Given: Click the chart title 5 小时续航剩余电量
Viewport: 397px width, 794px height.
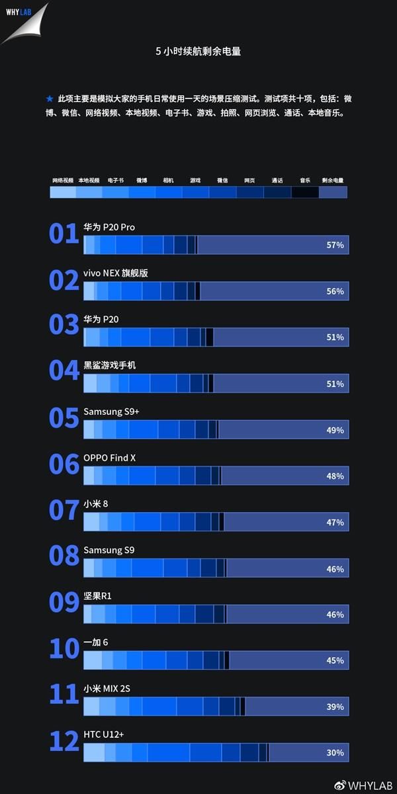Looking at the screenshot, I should coord(198,51).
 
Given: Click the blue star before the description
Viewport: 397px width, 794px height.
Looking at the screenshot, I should coord(50,99).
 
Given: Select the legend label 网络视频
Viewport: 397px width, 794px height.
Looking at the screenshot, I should coord(63,180).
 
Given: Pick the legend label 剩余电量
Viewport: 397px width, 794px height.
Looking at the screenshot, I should coord(332,180).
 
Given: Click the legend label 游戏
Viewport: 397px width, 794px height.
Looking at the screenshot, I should coord(195,180).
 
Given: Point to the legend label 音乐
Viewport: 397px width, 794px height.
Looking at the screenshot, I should coord(304,180).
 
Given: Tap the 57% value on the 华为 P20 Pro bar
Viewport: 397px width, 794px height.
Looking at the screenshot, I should coord(335,245).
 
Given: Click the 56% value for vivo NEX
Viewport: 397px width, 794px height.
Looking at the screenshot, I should coord(335,291).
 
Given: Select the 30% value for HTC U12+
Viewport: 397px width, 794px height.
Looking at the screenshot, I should coord(335,752).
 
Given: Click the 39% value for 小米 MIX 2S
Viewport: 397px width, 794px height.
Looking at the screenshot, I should coord(335,707).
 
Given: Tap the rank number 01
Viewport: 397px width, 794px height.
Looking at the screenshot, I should coord(64,234).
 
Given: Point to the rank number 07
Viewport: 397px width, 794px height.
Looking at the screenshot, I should coord(64,511).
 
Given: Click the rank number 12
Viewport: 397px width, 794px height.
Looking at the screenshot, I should coord(64,742).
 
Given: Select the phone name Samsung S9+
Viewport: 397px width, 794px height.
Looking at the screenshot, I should coord(111,412).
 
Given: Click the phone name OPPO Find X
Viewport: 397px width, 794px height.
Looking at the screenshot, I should coord(109,458).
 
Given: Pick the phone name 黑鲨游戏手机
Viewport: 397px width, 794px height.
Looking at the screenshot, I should coord(109,365).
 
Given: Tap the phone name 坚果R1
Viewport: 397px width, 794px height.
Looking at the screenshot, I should coord(97,596).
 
